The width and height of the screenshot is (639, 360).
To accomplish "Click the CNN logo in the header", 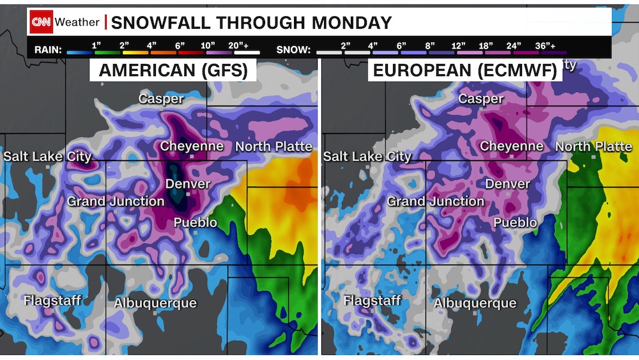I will pos(41,22).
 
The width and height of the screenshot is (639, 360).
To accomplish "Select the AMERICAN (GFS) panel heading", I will pos(173,70).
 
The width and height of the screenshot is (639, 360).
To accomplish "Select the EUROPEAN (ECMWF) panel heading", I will pos(465,70).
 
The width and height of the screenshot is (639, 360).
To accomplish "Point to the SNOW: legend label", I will pos(294,49).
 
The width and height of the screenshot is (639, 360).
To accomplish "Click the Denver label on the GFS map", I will pos(188,184).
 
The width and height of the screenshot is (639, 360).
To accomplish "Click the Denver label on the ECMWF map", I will pos(507,184).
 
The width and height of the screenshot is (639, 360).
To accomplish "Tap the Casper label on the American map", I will pos(162,98).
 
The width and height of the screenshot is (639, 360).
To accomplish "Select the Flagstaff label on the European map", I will pos(372,300).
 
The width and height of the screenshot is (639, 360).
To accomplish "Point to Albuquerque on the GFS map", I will pos(155,303).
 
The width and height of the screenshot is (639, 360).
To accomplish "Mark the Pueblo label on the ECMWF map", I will pos(515,223).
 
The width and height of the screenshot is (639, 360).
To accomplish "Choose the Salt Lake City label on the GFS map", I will pos(48,156).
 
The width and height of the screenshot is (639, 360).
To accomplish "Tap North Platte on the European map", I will pos(593,146).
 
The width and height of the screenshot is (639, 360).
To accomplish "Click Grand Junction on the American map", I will pos(116,201).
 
